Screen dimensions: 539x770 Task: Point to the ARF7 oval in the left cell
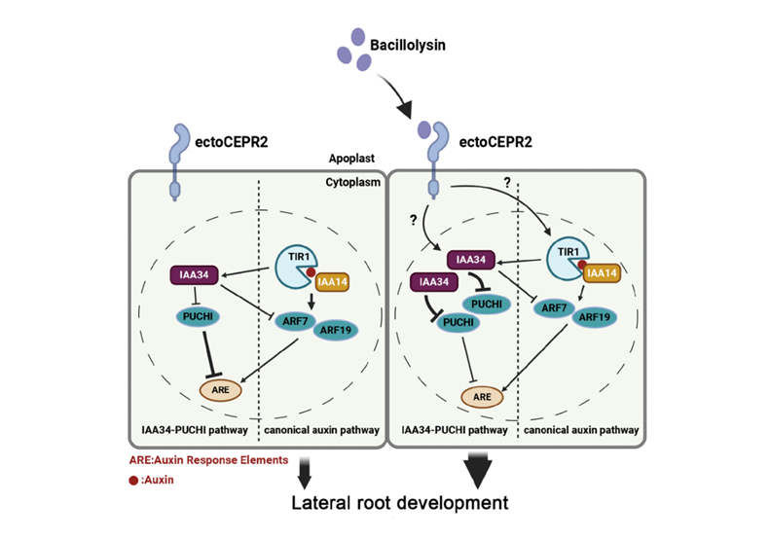(x=298, y=317)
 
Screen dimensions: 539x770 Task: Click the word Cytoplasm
(x=348, y=182)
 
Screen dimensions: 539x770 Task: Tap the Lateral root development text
(x=401, y=503)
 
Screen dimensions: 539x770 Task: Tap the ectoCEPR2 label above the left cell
(x=232, y=142)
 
